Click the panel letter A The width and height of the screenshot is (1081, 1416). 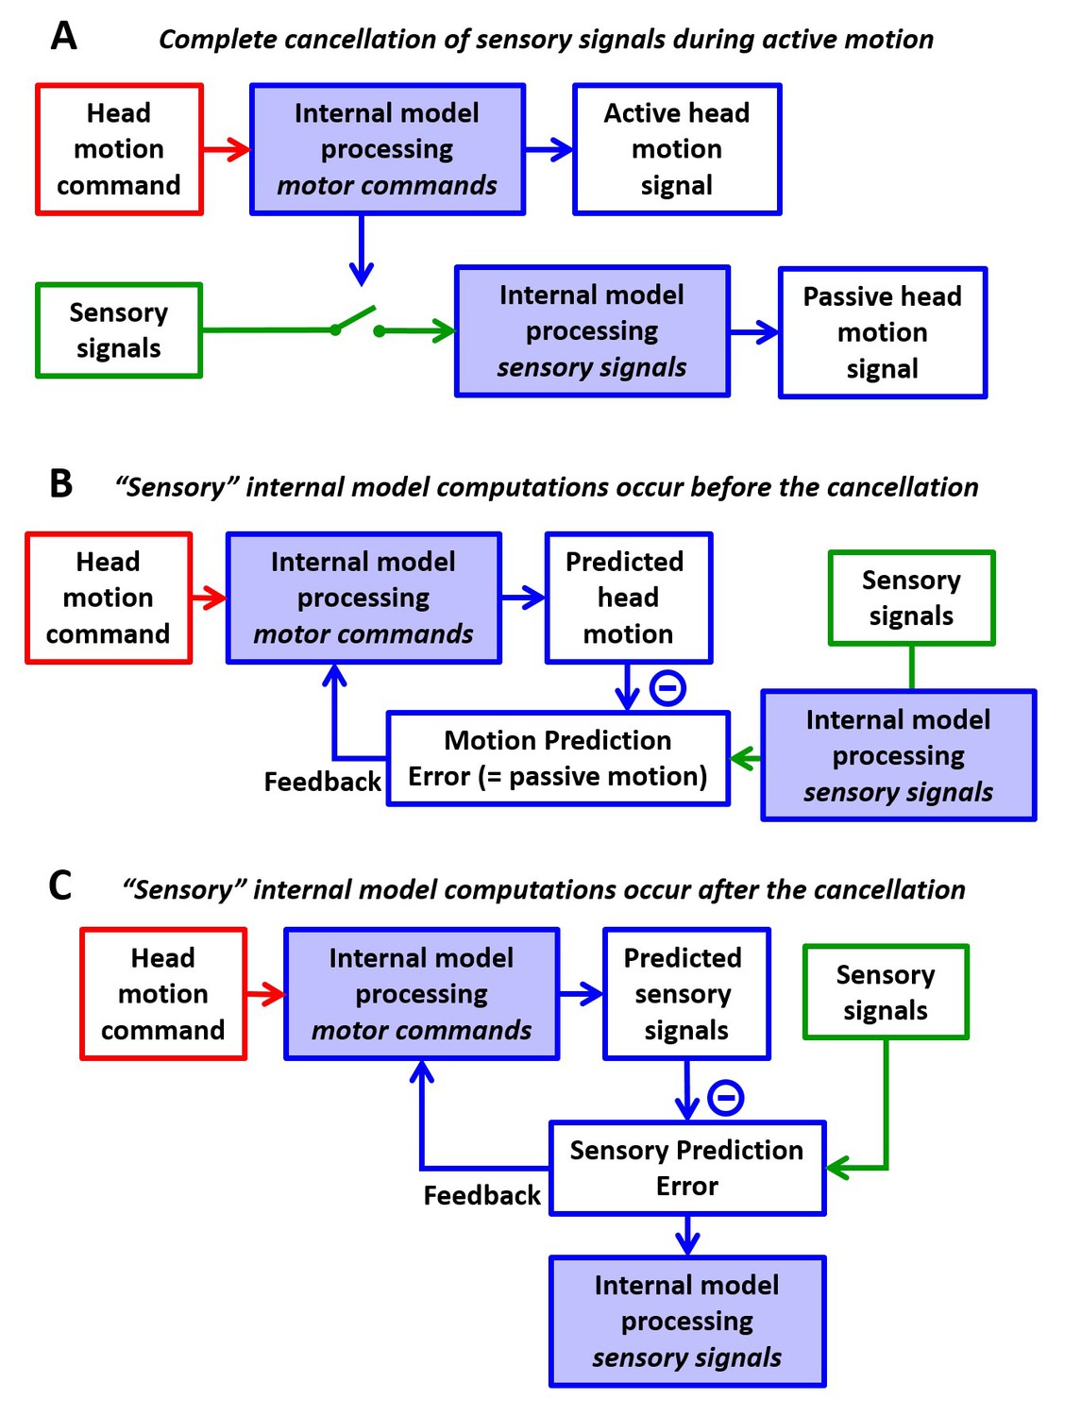pos(64,36)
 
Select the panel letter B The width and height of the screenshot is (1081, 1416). pos(61,484)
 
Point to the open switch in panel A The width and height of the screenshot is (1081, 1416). pos(357,322)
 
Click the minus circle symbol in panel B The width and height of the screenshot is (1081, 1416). pos(667,687)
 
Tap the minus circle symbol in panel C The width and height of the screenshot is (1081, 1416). pos(726,1098)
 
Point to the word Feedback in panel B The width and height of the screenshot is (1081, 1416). pos(323,782)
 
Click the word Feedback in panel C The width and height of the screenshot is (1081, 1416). pos(481,1196)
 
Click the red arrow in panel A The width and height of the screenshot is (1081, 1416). pos(227,150)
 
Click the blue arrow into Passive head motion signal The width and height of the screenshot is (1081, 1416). pos(754,332)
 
